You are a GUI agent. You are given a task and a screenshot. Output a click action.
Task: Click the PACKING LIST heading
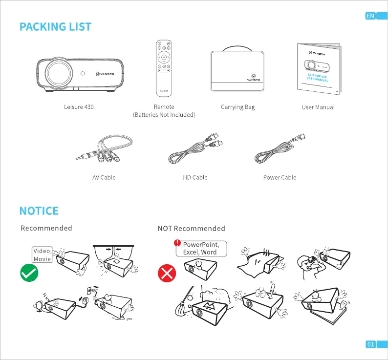tap(55, 26)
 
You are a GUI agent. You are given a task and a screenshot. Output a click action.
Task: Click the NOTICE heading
tap(39, 211)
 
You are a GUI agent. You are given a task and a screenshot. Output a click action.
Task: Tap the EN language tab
tap(370, 16)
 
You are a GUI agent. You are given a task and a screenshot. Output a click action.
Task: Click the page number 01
tap(370, 345)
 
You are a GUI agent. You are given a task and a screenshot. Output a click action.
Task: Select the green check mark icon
tap(29, 273)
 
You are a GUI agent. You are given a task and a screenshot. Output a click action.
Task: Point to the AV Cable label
tap(104, 177)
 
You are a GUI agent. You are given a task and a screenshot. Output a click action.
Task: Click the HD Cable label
tap(195, 177)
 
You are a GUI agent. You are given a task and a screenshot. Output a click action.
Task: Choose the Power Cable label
tap(280, 177)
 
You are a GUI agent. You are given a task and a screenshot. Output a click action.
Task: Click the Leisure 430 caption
tap(79, 107)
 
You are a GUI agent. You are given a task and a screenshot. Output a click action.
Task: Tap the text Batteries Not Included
tap(164, 115)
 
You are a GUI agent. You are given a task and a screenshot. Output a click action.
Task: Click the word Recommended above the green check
tap(46, 228)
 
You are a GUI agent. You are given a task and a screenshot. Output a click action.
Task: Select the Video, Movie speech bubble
tap(42, 255)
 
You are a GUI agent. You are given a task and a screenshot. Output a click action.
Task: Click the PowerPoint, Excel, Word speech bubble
tap(200, 248)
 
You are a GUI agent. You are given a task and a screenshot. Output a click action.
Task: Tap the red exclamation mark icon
tap(177, 242)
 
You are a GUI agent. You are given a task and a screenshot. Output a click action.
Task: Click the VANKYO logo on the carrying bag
tap(253, 78)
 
